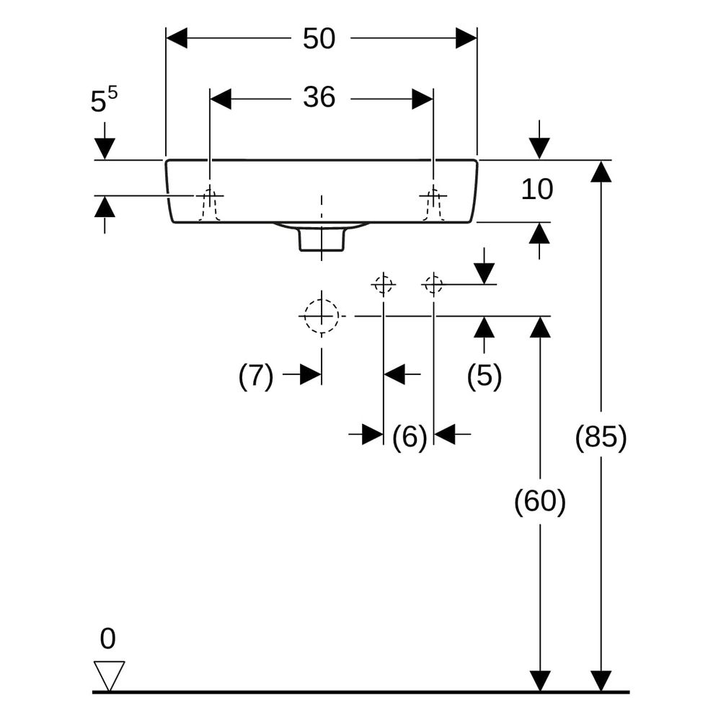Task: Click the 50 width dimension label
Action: [319, 38]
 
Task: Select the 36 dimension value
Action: [319, 97]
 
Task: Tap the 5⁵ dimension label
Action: [104, 99]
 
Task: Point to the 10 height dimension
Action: [537, 190]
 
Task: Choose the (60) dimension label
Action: [539, 501]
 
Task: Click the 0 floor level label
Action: [107, 639]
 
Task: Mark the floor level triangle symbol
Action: [109, 676]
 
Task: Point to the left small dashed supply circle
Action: [383, 285]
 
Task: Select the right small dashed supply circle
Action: [433, 285]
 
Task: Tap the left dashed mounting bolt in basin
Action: [210, 204]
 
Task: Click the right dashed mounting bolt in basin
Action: [433, 204]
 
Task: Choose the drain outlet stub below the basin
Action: [322, 239]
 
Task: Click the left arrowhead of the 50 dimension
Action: [177, 37]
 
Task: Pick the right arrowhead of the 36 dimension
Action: [422, 99]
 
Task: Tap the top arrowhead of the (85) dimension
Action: [601, 171]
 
